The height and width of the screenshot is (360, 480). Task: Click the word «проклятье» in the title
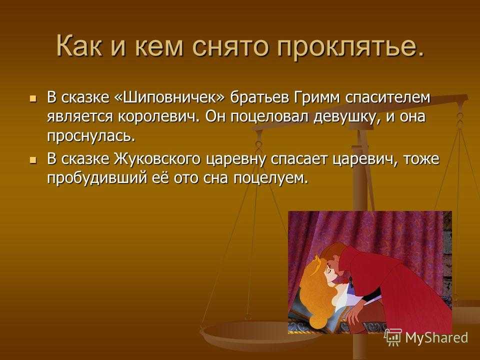pyautogui.click(x=346, y=47)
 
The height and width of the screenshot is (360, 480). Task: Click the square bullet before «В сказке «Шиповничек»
pyautogui.click(x=33, y=99)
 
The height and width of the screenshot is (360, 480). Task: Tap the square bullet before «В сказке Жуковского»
pyautogui.click(x=33, y=160)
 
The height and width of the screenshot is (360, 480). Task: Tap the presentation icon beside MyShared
pyautogui.click(x=393, y=337)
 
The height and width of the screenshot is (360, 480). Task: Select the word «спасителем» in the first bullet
pyautogui.click(x=388, y=97)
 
